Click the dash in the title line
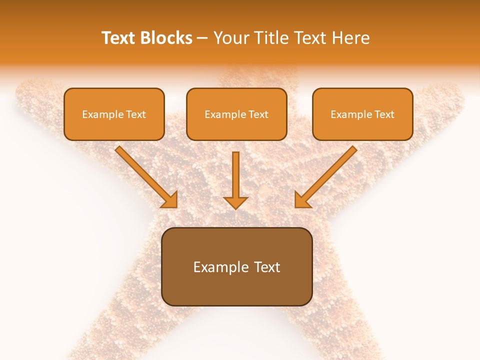coord(202,38)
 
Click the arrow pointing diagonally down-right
coord(145,175)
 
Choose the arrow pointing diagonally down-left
coord(327,175)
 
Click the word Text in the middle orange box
coord(258,114)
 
